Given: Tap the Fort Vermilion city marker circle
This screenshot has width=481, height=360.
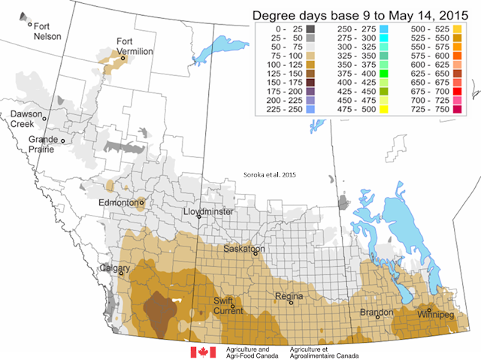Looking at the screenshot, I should (123, 57).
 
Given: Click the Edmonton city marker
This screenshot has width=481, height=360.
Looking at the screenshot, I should (141, 202).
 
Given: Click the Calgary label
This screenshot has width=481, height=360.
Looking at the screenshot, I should (114, 268).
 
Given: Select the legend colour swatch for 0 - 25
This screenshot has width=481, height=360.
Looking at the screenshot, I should (298, 28).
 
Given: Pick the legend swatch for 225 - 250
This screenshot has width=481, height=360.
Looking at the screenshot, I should (298, 109).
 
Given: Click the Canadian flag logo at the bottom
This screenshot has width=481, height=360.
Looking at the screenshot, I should (201, 352).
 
